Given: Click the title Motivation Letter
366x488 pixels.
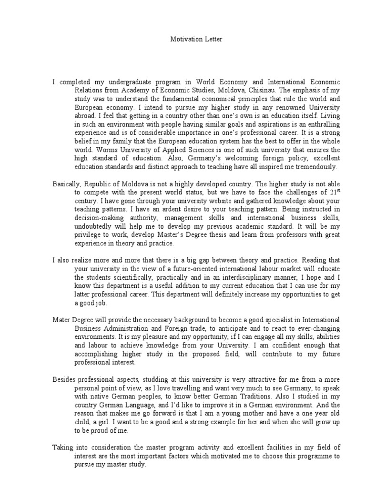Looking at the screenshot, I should (x=196, y=39).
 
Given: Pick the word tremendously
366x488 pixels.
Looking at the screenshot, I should (x=316, y=167).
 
